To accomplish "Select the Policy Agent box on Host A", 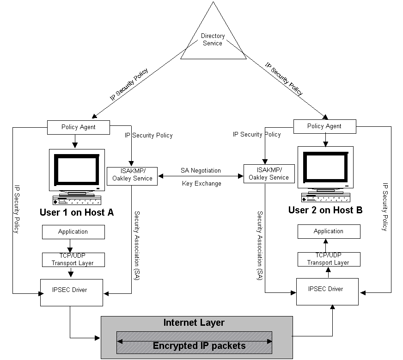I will pyautogui.click(x=79, y=127).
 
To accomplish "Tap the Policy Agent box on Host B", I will pyautogui.click(x=324, y=126).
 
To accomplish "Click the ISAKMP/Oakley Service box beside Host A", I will pyautogui.click(x=132, y=175).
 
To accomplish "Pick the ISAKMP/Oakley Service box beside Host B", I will pyautogui.click(x=269, y=174).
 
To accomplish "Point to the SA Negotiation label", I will pyautogui.click(x=201, y=171).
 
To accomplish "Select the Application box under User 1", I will pyautogui.click(x=73, y=232).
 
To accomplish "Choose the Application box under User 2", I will pyautogui.click(x=329, y=231).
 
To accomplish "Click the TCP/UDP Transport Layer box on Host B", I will pyautogui.click(x=329, y=259).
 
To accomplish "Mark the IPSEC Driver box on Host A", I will pyautogui.click(x=72, y=292).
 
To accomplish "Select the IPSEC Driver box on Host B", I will pyautogui.click(x=327, y=291).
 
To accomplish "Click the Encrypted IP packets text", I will pyautogui.click(x=199, y=346).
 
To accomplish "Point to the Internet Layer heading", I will pyautogui.click(x=194, y=323).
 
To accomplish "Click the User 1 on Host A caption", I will pyautogui.click(x=76, y=212).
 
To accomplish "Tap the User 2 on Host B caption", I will pyautogui.click(x=325, y=210).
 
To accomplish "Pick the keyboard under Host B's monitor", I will pyautogui.click(x=325, y=197).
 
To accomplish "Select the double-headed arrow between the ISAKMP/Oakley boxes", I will pyautogui.click(x=201, y=176).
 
